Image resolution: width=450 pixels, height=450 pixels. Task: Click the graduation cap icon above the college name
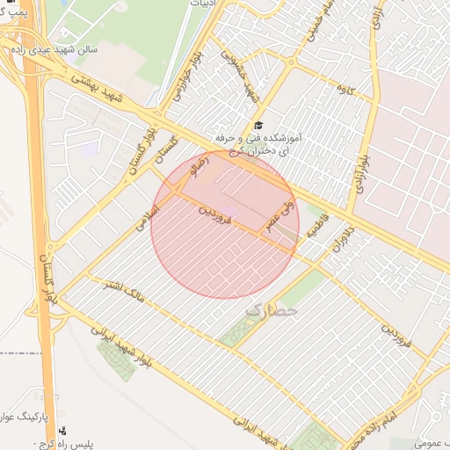point(258,126)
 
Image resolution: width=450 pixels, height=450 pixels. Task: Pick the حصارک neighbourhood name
point(272,309)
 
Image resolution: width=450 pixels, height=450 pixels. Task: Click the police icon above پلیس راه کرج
point(62,432)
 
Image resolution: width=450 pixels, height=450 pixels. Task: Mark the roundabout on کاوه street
point(291,61)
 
